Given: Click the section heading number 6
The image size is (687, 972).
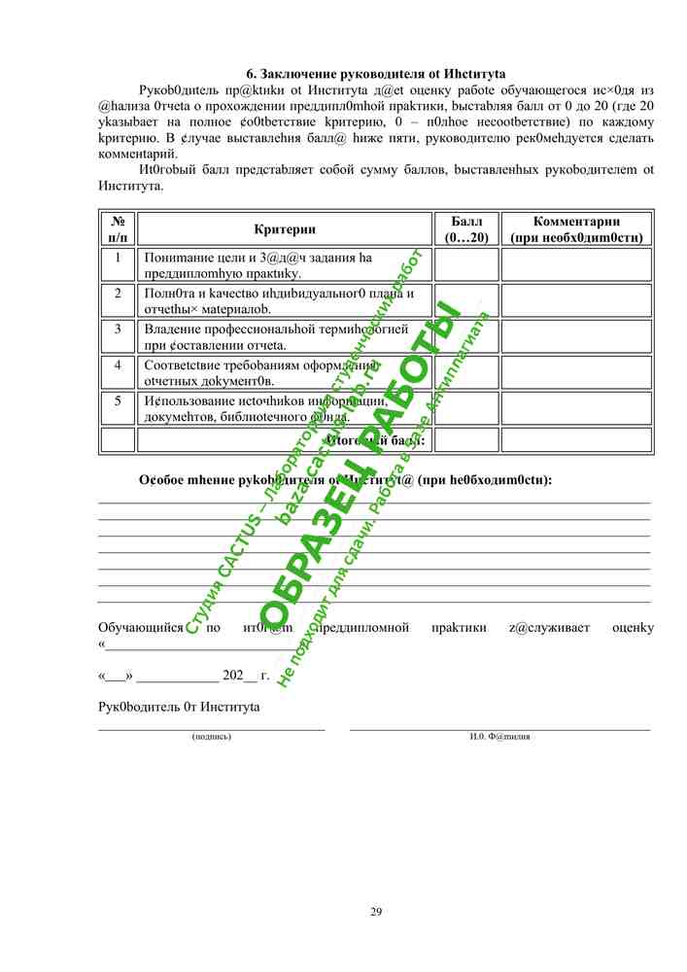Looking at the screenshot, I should [250, 74].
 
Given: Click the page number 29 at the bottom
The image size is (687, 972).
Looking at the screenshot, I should [376, 911].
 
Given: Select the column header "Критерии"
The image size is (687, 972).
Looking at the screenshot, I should [285, 229].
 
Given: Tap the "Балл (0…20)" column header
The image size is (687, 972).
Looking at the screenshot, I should [465, 229].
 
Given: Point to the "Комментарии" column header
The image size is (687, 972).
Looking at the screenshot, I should [576, 229].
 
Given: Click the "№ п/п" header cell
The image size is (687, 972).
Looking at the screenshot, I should [118, 229].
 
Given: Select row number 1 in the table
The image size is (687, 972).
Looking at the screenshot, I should [118, 259].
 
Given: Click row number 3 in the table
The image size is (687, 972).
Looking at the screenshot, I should [118, 330].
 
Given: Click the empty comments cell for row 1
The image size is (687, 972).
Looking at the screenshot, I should [576, 264].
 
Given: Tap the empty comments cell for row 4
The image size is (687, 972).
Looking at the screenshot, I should [576, 372].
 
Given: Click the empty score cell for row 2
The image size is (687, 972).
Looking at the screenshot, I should [465, 300].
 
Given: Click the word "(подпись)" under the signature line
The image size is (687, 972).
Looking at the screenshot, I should [212, 737].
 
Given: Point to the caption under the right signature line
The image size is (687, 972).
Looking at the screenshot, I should [500, 737].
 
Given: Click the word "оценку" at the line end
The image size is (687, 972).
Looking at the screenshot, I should [633, 628].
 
